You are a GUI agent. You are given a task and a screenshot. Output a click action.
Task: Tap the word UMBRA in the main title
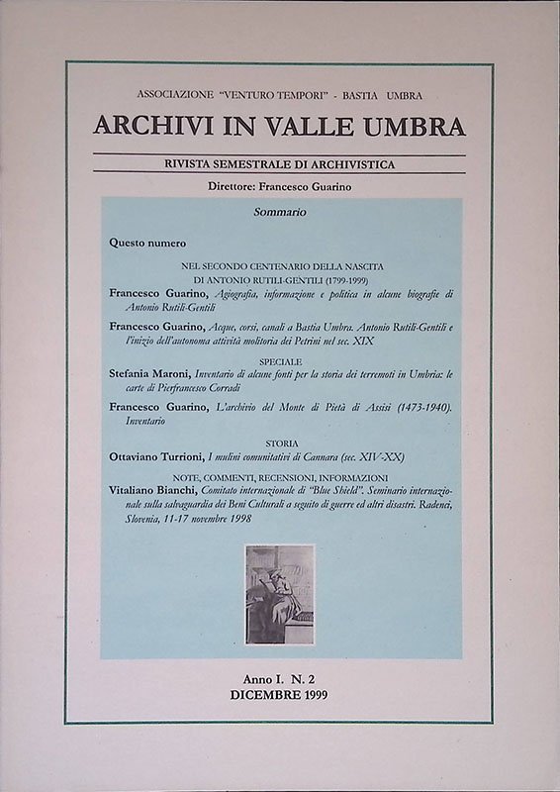coord(417,126)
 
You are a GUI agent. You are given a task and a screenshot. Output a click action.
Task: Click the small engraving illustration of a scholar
coord(280,594)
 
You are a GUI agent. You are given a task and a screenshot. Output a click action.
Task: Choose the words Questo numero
coord(148,243)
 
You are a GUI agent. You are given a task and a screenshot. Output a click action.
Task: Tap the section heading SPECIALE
coord(281,361)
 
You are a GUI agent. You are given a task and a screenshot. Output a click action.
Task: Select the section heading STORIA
coord(281,444)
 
